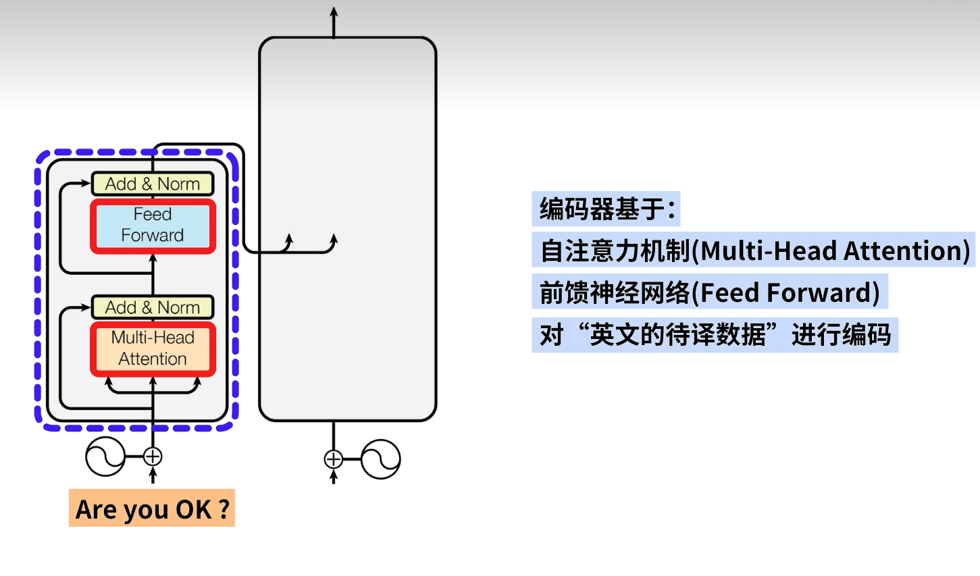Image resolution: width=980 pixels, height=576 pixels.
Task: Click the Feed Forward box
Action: [x=153, y=226]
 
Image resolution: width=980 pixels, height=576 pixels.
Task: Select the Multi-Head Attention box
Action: [x=153, y=348]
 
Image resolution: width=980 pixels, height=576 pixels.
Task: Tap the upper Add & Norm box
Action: [x=153, y=184]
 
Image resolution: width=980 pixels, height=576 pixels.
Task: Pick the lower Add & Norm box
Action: [x=153, y=307]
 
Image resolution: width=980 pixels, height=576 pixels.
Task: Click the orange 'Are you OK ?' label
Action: [x=152, y=508]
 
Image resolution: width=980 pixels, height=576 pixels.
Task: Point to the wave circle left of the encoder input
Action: [x=105, y=457]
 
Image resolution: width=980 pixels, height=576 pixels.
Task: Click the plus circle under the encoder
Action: [x=153, y=457]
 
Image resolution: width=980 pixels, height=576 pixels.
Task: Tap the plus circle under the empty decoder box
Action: [x=334, y=459]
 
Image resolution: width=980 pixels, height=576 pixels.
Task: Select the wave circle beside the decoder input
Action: [x=381, y=459]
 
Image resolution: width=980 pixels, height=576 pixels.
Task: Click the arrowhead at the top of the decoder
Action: [x=334, y=13]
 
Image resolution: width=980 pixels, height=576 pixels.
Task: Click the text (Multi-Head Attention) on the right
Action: [x=831, y=251]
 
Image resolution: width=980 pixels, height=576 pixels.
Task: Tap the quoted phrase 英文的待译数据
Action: [x=677, y=334]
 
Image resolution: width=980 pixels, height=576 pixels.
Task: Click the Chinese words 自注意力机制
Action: [x=615, y=251]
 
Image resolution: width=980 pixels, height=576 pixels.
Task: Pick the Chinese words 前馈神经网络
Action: [x=615, y=292]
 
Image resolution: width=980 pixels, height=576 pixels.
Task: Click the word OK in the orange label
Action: [x=194, y=509]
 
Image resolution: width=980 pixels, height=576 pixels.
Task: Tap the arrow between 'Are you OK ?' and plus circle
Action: [x=153, y=476]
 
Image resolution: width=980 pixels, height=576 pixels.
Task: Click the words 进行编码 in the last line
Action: [x=841, y=334]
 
